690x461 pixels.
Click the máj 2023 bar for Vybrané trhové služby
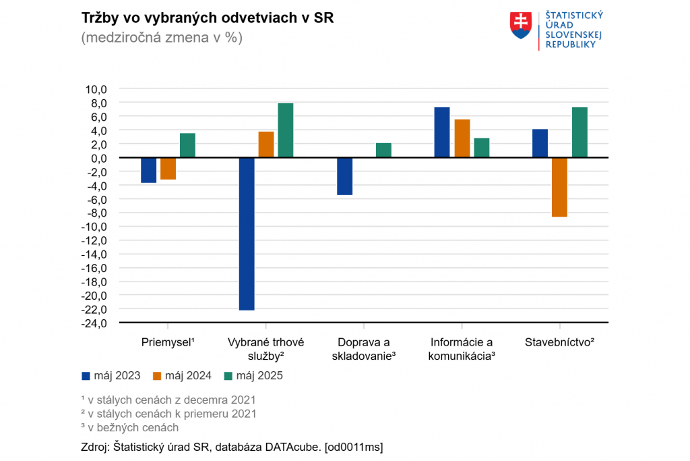pyautogui.click(x=247, y=234)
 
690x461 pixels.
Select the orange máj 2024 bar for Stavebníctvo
pyautogui.click(x=559, y=187)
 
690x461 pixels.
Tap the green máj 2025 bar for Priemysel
pyautogui.click(x=187, y=145)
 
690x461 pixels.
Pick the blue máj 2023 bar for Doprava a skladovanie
pyautogui.click(x=344, y=176)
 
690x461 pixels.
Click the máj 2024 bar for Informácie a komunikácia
pyautogui.click(x=462, y=138)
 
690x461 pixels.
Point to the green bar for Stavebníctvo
pyautogui.click(x=579, y=132)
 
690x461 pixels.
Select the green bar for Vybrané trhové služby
pyautogui.click(x=286, y=130)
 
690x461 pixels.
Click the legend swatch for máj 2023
pyautogui.click(x=86, y=376)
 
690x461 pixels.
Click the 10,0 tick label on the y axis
pyautogui.click(x=96, y=89)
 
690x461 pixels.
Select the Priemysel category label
pyautogui.click(x=168, y=342)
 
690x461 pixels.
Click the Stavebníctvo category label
pyautogui.click(x=559, y=342)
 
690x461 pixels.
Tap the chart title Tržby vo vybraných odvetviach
pyautogui.click(x=208, y=18)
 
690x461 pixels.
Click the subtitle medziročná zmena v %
pyautogui.click(x=162, y=38)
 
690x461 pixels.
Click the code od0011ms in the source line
pyautogui.click(x=354, y=447)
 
